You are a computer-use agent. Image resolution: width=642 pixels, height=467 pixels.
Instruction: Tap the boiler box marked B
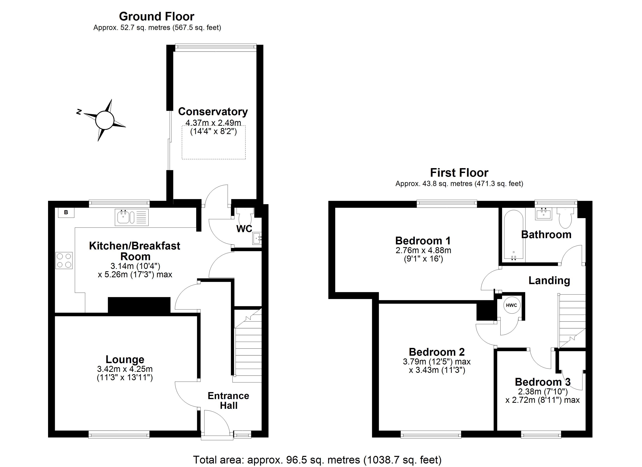[x=66, y=212]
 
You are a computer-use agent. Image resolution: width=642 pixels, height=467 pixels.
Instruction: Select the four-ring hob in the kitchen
[x=64, y=260]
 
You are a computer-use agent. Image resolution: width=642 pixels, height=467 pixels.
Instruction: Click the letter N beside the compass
[x=79, y=112]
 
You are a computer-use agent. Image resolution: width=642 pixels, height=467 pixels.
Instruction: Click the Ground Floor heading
[x=157, y=16]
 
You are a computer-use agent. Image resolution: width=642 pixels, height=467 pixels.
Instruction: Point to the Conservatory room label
[x=213, y=111]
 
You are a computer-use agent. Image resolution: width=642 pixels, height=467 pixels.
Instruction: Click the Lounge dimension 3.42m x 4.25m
[x=125, y=369]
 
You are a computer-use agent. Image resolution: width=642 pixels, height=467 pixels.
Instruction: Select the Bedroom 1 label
[x=423, y=241]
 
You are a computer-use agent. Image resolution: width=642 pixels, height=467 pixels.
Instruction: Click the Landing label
[x=549, y=280]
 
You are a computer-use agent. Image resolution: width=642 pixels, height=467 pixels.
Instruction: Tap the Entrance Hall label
[x=228, y=400]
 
